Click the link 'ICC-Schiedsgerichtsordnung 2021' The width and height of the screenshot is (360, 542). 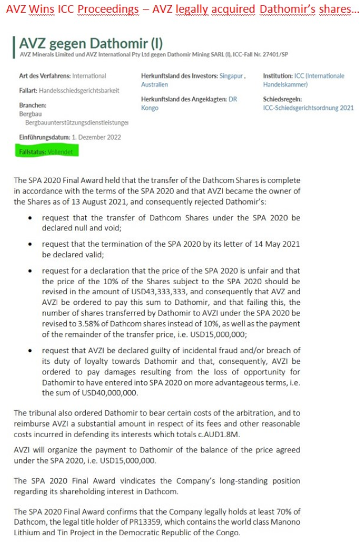308,108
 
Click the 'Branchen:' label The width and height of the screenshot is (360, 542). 33,105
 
